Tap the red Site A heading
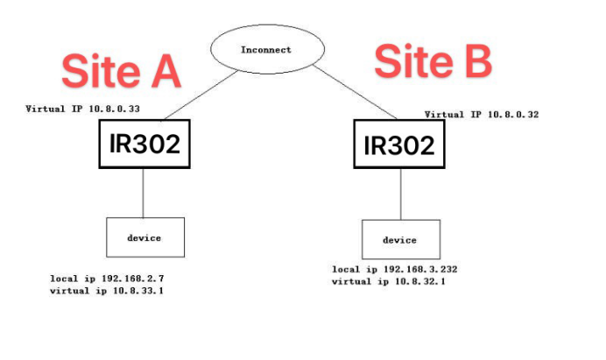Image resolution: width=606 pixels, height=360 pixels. [120, 71]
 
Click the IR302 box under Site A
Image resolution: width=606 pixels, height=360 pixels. [144, 145]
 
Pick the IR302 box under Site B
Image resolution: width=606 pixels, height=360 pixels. [398, 146]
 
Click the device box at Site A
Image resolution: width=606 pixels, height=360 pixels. [145, 237]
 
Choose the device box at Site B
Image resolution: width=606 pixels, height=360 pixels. [400, 239]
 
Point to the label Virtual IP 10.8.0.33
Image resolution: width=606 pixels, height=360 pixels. [84, 109]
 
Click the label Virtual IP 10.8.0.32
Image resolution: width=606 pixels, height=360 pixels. [482, 114]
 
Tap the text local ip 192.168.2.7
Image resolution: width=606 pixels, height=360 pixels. [107, 278]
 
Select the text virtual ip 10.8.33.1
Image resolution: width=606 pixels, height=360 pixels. [107, 290]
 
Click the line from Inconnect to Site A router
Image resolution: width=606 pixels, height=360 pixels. [198, 97]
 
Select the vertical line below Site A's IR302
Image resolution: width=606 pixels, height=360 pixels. [143, 193]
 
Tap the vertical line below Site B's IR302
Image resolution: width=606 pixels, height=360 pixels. [400, 194]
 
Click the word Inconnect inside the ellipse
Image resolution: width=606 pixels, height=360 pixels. [265, 50]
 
